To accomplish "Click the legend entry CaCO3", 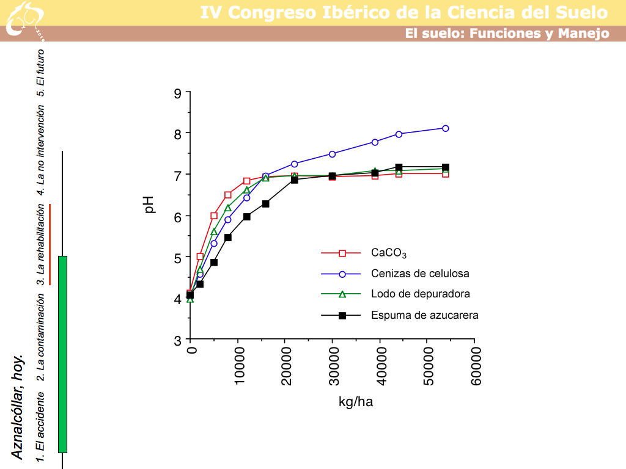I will tap(389, 253).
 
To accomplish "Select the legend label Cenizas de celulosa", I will tap(420, 274).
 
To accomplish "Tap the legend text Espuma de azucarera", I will tap(424, 315).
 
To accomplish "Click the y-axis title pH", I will tap(149, 205).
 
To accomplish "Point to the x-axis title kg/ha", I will tap(356, 401).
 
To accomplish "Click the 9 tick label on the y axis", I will tap(178, 93).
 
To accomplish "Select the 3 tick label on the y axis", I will tap(178, 340).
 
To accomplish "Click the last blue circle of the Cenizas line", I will tap(446, 128).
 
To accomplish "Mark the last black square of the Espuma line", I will tap(446, 167).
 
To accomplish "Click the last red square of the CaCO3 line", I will tap(446, 174).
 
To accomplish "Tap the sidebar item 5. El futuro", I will tap(40, 72).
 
